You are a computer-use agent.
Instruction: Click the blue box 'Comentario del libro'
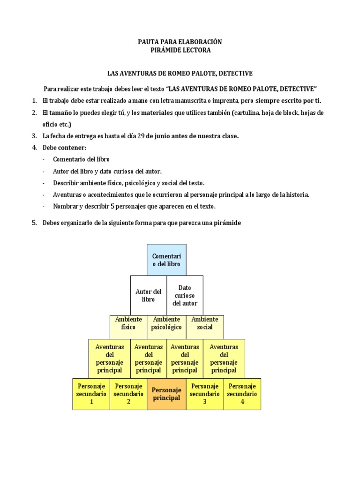[166, 260]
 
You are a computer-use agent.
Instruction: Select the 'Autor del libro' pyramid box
[148, 295]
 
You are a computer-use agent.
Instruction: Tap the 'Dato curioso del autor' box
[185, 295]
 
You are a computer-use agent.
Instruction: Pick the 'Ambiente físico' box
[128, 327]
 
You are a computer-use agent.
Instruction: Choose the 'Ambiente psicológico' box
[167, 327]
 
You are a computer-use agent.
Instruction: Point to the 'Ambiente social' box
[205, 327]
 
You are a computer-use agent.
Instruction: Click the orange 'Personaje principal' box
[166, 394]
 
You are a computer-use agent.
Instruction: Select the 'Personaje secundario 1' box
[91, 394]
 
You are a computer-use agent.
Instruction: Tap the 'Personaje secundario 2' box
[128, 394]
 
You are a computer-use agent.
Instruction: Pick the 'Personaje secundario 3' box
[205, 394]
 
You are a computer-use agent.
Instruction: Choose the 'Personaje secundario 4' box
[242, 394]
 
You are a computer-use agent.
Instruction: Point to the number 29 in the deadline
[140, 136]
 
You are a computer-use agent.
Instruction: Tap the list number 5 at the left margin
[34, 223]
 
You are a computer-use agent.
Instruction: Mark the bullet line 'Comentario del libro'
[81, 159]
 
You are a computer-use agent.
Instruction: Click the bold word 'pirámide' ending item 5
[227, 223]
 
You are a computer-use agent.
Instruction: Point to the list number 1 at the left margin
[34, 101]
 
